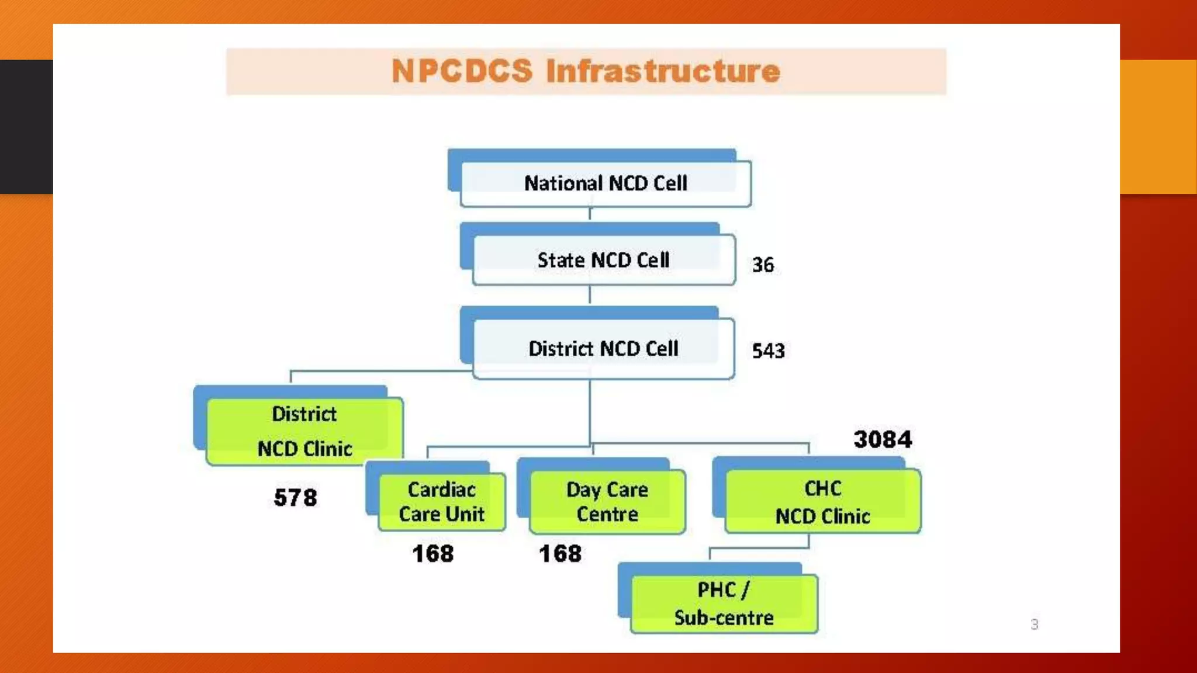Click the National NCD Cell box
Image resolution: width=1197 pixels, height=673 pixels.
(x=606, y=183)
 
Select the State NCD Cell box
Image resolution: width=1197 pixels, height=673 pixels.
(x=603, y=260)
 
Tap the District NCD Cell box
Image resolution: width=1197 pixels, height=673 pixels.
(x=603, y=349)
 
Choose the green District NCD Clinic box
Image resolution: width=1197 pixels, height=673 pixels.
(x=305, y=431)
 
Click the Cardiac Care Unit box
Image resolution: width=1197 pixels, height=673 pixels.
(x=442, y=502)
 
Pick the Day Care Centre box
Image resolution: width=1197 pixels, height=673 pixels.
(x=607, y=502)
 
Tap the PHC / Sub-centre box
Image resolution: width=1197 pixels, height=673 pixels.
(x=724, y=603)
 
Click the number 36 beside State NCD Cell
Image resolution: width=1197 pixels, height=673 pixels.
(x=763, y=265)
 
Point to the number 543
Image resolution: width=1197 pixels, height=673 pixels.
(x=768, y=351)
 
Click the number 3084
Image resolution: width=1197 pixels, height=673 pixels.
(x=883, y=439)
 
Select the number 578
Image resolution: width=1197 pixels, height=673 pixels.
(x=296, y=498)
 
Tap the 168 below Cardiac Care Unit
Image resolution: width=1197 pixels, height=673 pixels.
(x=433, y=553)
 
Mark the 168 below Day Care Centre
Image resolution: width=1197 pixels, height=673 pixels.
(x=560, y=553)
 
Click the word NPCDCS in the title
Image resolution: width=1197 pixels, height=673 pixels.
(x=462, y=71)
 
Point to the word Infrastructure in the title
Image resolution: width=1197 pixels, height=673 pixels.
(x=663, y=71)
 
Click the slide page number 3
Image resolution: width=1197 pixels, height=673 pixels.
(x=1034, y=625)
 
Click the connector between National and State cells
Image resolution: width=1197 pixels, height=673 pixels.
(x=590, y=214)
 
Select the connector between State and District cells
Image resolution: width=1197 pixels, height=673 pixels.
(x=590, y=295)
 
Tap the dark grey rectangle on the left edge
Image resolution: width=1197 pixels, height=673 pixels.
(x=26, y=126)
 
